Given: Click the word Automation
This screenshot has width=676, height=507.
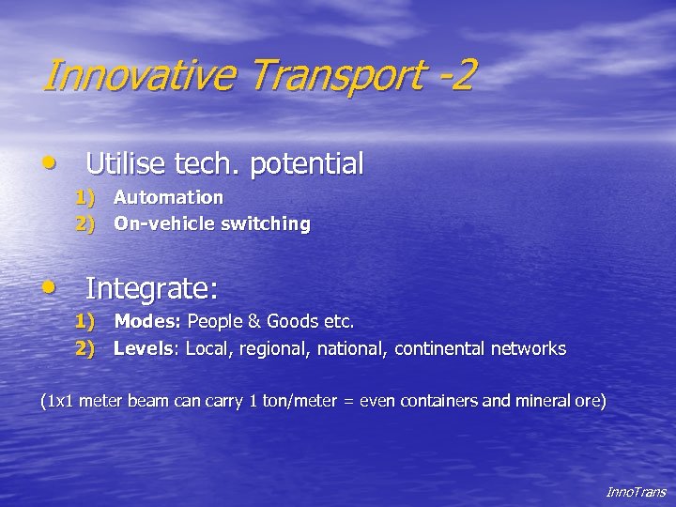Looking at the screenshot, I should [168, 197].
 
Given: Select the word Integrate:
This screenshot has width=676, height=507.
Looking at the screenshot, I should [151, 287].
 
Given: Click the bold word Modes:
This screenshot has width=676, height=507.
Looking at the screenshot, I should [147, 321].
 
